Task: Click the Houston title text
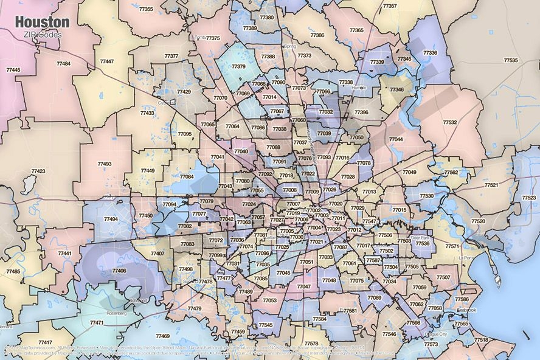point(42,22)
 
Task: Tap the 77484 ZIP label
point(63,64)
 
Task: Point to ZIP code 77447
point(107,61)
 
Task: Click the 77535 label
point(511,60)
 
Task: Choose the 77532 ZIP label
point(450,122)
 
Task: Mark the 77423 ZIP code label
point(38,171)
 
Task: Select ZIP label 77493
point(104,164)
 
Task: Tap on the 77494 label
point(111,219)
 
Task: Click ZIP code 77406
point(119,271)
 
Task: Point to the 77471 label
point(97,322)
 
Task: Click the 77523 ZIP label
point(529,198)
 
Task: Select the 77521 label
point(491,185)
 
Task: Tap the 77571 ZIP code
point(452,246)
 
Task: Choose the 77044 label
point(396,140)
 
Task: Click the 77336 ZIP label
point(430,53)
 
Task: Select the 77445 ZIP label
point(13,70)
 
